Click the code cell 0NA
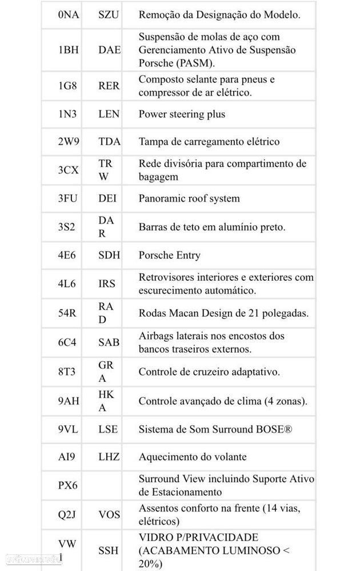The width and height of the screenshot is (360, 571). (x=69, y=15)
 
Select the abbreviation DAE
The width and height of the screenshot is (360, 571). (x=109, y=50)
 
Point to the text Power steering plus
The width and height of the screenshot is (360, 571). (x=182, y=114)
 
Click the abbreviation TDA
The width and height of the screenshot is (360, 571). (x=109, y=141)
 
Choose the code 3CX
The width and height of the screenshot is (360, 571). (x=69, y=170)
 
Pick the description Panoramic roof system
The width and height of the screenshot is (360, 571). (x=189, y=198)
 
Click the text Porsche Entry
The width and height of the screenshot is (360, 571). (x=169, y=255)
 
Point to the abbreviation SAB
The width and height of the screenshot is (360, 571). (x=109, y=342)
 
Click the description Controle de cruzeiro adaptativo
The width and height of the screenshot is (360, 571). (x=209, y=372)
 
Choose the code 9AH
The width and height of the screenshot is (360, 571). (x=69, y=401)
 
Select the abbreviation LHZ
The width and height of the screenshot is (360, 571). (x=109, y=457)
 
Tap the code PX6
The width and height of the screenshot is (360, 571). (x=69, y=485)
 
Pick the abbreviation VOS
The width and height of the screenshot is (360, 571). (x=109, y=514)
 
